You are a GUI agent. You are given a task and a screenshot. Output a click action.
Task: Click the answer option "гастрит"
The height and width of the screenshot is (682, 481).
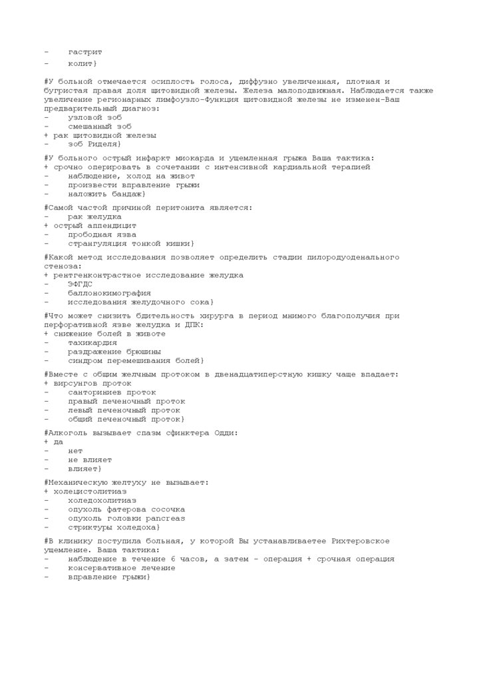click(x=84, y=51)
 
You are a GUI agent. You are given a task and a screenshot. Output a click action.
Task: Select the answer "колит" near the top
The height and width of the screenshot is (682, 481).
click(x=81, y=63)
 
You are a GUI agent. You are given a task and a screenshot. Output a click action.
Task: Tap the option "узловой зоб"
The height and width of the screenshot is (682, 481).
click(x=94, y=117)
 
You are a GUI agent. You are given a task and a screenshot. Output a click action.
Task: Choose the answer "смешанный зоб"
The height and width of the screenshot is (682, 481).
click(x=99, y=126)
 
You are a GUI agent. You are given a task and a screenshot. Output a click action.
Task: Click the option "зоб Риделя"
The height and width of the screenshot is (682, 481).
click(x=93, y=144)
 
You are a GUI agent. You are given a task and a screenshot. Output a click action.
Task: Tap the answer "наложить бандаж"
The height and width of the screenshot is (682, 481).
click(x=105, y=194)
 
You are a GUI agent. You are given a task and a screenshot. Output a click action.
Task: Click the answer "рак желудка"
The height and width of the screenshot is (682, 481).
click(x=94, y=216)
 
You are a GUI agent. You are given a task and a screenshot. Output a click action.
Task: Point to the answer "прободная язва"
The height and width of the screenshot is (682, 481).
click(x=101, y=234)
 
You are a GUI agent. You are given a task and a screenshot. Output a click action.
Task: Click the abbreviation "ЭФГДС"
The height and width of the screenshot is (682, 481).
click(x=79, y=284)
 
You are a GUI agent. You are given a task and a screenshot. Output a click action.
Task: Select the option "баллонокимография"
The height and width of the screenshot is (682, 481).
click(x=108, y=292)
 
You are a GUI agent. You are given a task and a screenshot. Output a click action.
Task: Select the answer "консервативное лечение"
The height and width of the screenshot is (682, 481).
click(x=121, y=568)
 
